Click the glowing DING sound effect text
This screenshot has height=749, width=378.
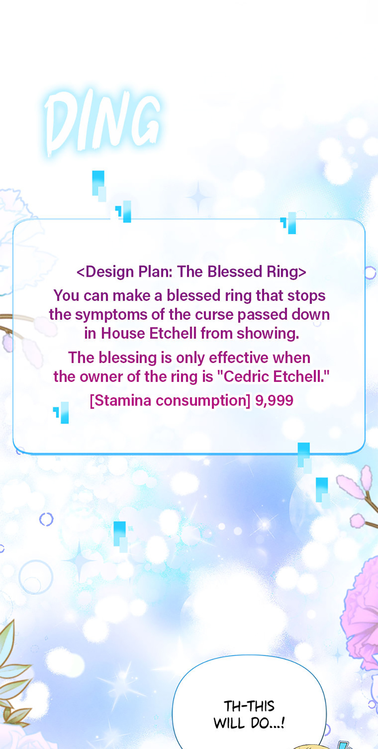(x=103, y=123)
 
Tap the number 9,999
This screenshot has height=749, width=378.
(x=274, y=400)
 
